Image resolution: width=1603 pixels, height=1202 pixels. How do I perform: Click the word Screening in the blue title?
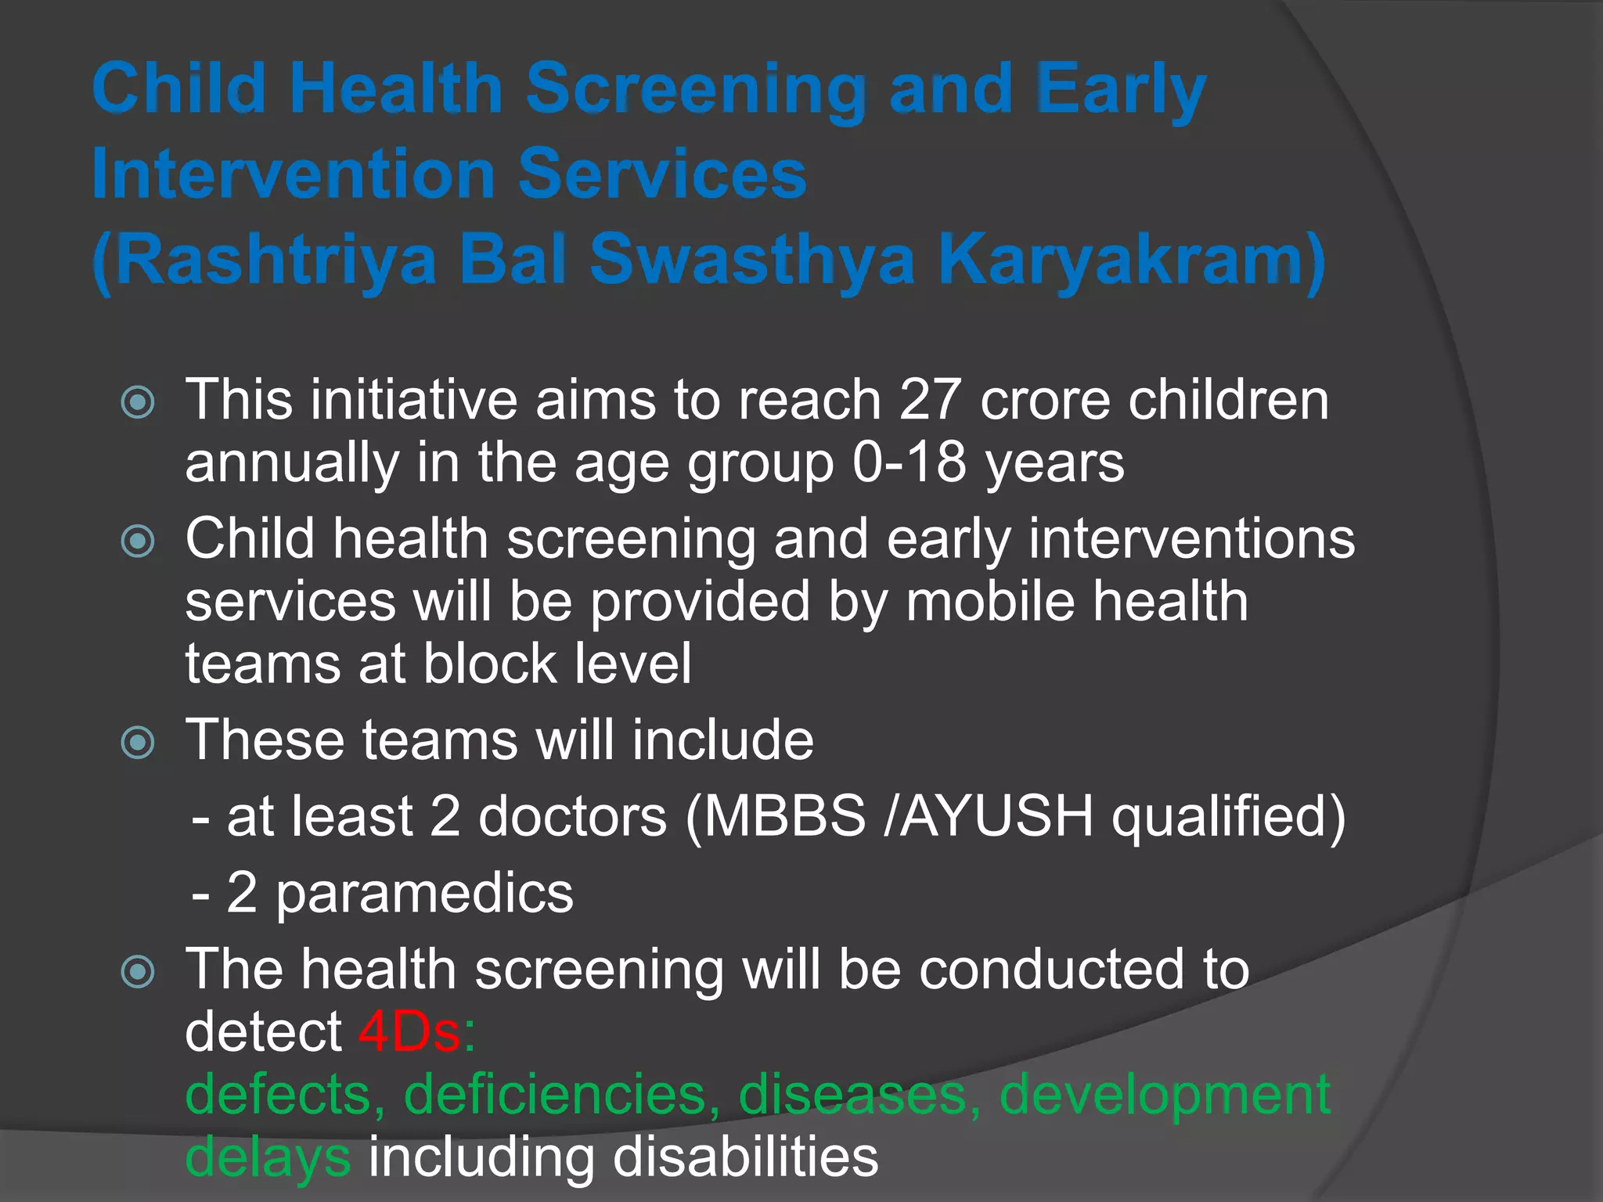(x=696, y=90)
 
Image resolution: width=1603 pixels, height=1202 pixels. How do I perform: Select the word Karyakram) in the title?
(x=1132, y=260)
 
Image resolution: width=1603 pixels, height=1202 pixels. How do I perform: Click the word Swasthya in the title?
(x=751, y=260)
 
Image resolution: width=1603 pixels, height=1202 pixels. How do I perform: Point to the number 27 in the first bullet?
(x=930, y=401)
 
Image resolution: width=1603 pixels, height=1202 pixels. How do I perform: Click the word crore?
(x=1045, y=401)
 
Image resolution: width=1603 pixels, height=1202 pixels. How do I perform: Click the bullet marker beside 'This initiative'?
(x=139, y=402)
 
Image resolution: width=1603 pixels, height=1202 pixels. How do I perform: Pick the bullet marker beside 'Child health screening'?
(x=139, y=541)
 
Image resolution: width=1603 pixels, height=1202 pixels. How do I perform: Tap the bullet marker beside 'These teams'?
(x=139, y=742)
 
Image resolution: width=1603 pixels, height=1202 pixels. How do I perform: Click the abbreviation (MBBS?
(x=776, y=817)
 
